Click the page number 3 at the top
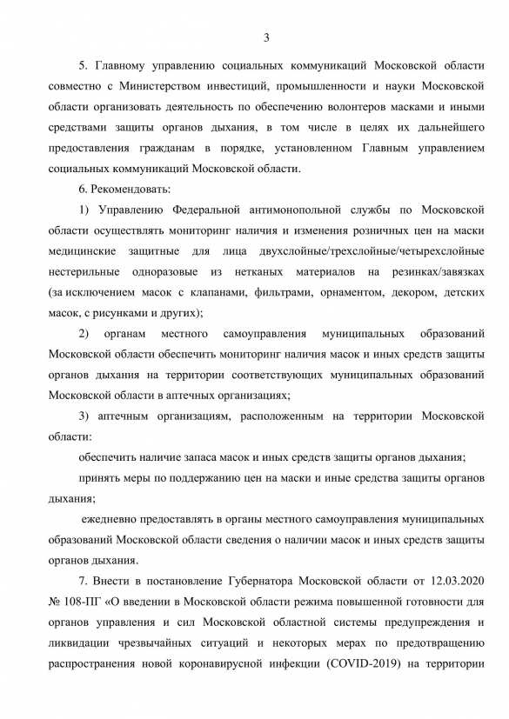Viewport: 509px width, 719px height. click(x=266, y=36)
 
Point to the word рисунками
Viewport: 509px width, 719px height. click(x=134, y=314)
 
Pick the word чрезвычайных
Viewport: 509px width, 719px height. click(x=162, y=645)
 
